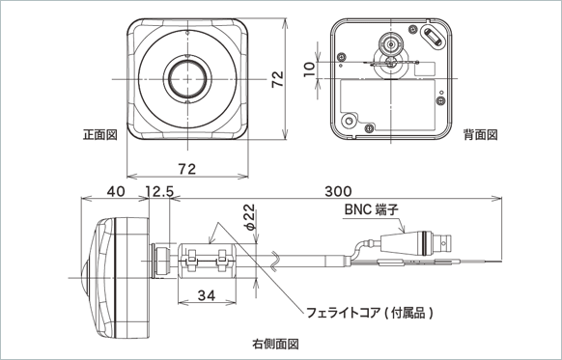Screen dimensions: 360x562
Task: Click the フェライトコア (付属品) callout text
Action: (368, 312)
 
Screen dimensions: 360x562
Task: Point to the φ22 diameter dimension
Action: (249, 218)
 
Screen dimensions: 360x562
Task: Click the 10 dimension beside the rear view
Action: (307, 69)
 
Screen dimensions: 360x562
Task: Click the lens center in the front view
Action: (186, 76)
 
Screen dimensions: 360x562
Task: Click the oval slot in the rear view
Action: (434, 37)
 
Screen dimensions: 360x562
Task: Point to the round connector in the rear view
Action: (390, 43)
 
